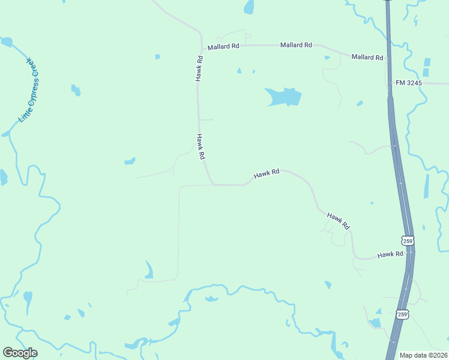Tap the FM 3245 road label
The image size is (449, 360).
[409, 82]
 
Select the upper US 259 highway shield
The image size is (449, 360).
[408, 240]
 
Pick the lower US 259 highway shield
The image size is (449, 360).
[402, 314]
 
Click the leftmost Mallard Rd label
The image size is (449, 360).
[223, 46]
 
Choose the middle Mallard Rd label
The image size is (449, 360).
[296, 45]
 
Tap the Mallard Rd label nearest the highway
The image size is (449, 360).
[367, 57]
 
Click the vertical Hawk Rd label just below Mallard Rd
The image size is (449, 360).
[200, 68]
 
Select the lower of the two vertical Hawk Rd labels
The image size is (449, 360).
[201, 147]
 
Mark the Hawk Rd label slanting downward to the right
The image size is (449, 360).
[338, 221]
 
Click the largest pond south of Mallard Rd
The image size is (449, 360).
[283, 96]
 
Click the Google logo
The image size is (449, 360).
[20, 353]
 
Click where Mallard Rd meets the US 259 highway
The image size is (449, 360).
[388, 60]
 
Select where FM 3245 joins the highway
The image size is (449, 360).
[390, 82]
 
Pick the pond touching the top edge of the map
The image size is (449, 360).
[249, 7]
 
